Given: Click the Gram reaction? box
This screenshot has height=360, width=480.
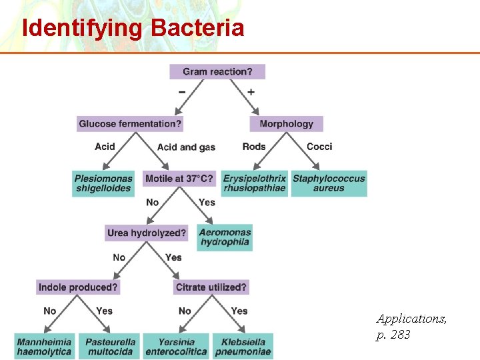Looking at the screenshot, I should (x=217, y=71).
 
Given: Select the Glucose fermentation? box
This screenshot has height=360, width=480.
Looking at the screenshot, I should (x=130, y=124).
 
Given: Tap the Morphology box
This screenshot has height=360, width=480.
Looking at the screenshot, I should (x=287, y=124).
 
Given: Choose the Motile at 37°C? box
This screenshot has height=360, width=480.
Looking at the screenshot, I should (x=179, y=179).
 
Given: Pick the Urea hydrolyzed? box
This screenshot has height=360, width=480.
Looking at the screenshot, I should (x=147, y=233).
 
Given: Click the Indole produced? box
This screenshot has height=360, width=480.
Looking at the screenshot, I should (x=78, y=287).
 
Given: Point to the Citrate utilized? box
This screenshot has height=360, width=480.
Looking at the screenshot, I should (x=211, y=287).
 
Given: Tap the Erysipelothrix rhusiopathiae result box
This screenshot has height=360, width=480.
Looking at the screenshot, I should (x=255, y=183).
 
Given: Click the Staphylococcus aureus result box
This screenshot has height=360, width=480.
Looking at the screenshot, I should (x=329, y=183).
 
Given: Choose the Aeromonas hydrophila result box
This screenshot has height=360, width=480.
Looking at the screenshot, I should (x=225, y=237).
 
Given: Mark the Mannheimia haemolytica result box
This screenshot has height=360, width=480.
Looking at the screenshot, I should (x=44, y=347).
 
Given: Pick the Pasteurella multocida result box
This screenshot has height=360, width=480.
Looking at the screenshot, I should (x=109, y=347).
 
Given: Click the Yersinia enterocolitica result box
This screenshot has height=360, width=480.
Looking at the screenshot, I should (x=176, y=347).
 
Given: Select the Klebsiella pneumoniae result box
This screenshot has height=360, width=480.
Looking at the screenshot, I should (x=243, y=347).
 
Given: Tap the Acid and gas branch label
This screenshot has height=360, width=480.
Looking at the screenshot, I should (x=186, y=147).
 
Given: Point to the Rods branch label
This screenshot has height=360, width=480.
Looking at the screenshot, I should (x=254, y=147).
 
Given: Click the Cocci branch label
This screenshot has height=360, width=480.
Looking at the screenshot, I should (x=319, y=147).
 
